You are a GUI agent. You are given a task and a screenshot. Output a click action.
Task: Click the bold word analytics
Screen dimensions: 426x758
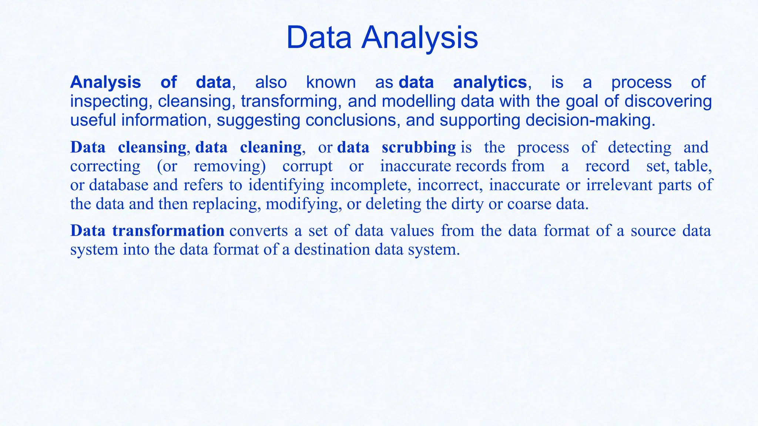click(490, 82)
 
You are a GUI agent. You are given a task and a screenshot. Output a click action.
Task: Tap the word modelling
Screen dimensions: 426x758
click(419, 101)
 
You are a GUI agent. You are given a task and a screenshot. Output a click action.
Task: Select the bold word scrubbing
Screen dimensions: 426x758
click(419, 147)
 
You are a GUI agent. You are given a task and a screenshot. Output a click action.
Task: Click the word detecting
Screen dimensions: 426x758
click(639, 147)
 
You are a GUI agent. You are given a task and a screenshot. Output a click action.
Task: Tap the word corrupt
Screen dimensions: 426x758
click(307, 166)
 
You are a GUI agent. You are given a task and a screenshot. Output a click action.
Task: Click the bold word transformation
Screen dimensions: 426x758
click(168, 230)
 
